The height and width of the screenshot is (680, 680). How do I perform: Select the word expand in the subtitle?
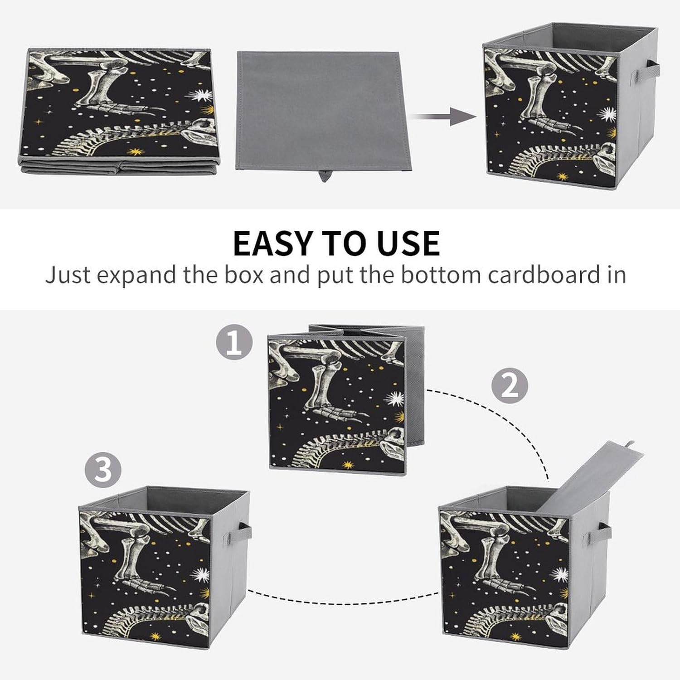pyautogui.click(x=135, y=276)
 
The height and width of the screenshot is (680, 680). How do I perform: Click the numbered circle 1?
pyautogui.click(x=234, y=344)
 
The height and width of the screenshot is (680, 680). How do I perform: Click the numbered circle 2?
pyautogui.click(x=510, y=386)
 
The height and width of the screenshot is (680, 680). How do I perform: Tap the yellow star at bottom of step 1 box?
pyautogui.click(x=348, y=465)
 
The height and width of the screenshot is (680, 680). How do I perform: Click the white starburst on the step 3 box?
pyautogui.click(x=201, y=575)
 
